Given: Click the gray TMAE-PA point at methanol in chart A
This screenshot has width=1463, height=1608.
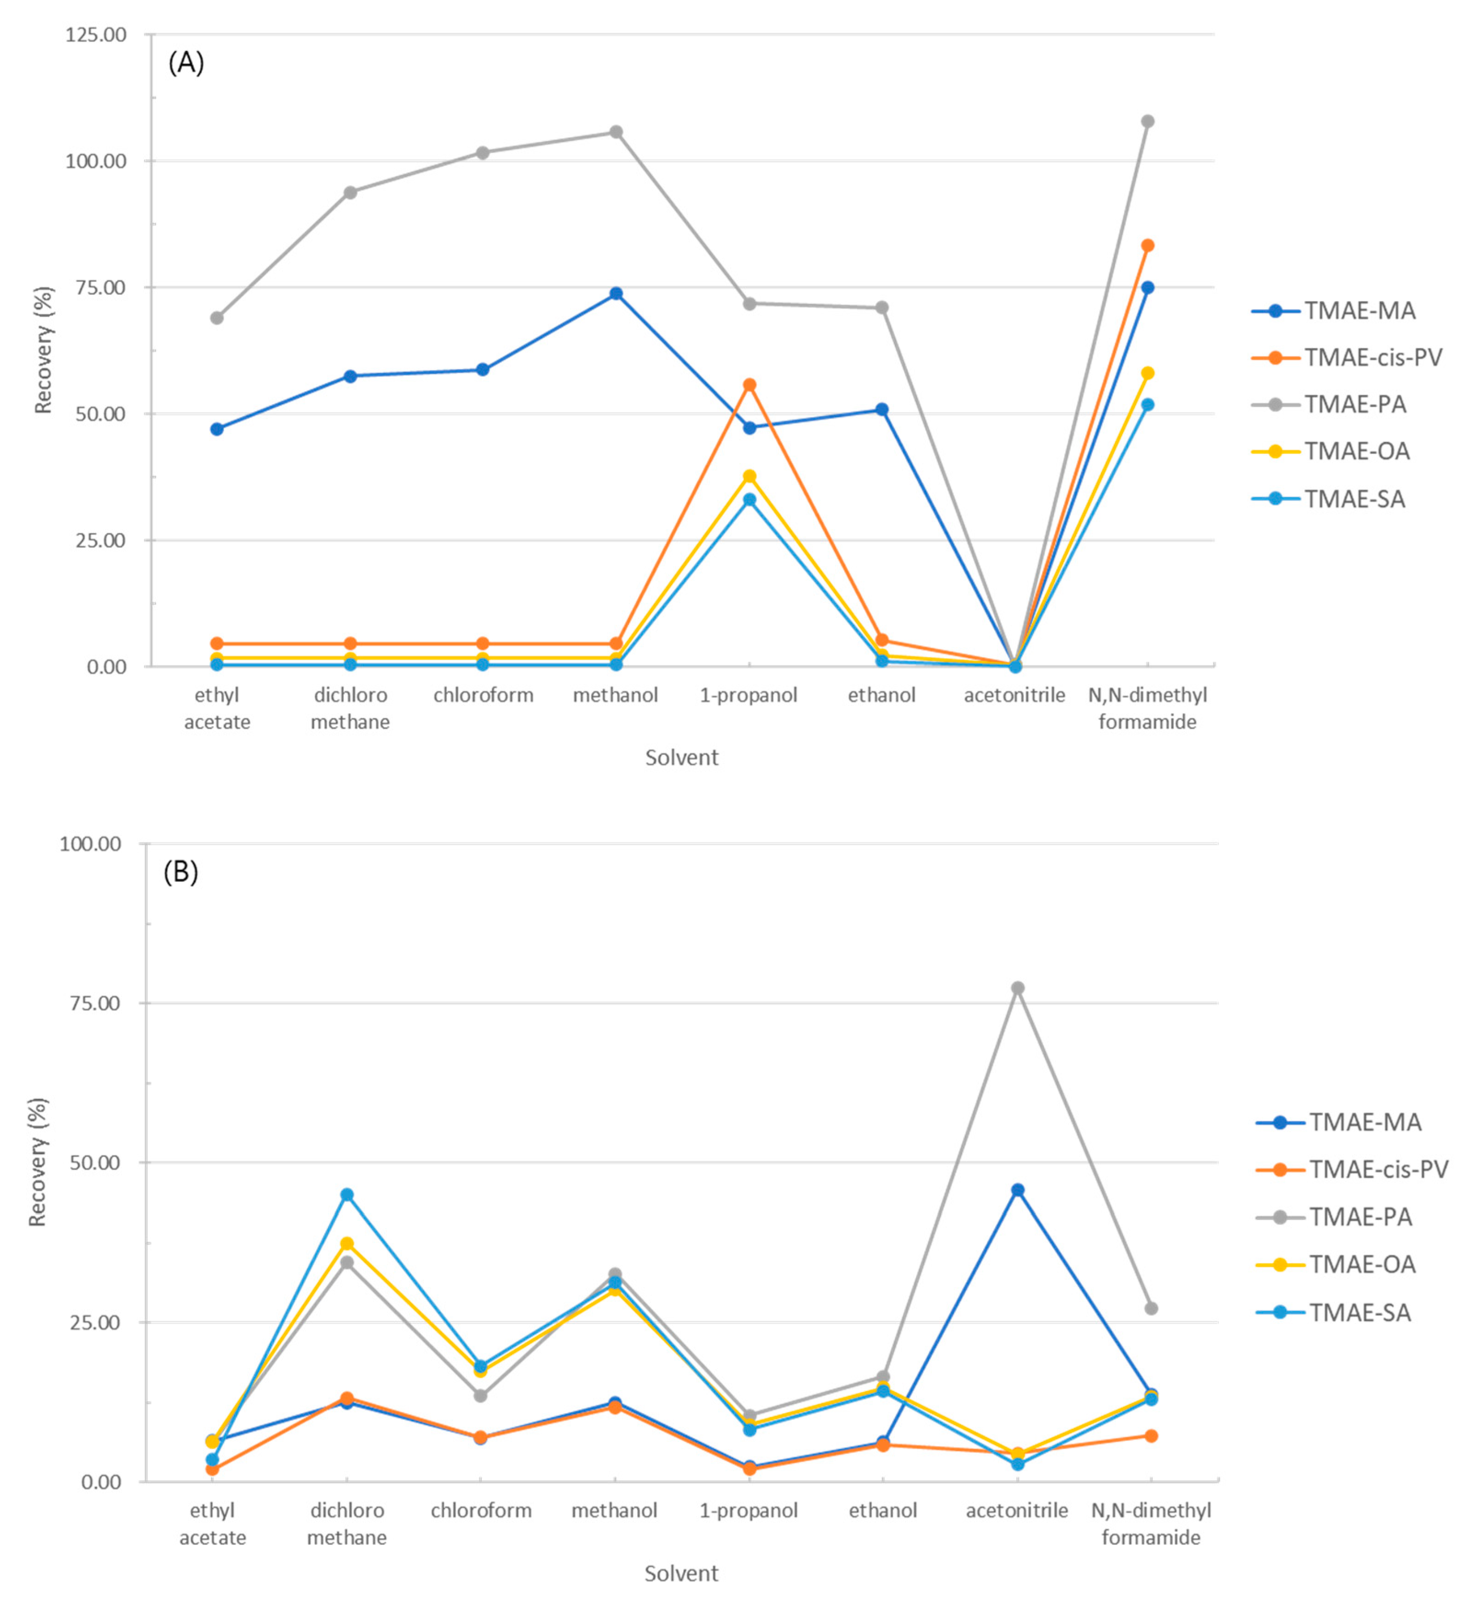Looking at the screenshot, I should coord(616,132).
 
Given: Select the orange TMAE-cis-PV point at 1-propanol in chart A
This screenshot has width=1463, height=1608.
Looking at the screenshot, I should coord(749,385).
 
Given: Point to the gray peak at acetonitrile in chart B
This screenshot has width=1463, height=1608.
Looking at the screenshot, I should coord(1017,987).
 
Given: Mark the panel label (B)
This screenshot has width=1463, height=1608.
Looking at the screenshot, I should coord(180,873).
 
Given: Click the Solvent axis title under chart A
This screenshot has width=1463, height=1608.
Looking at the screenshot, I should coord(681,757).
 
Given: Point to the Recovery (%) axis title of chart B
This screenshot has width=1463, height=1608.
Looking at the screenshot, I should coord(37,1162).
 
